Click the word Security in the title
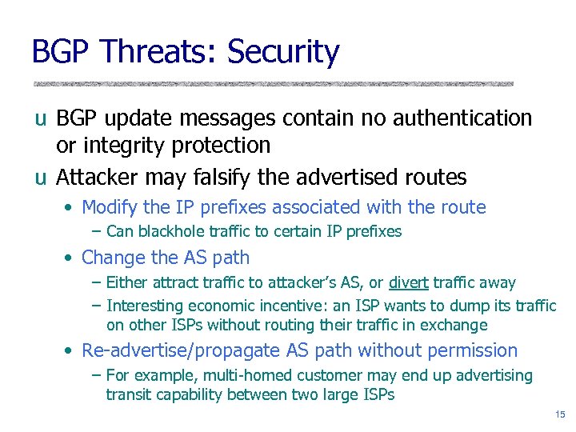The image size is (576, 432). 283,52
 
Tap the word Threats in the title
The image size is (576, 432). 155,52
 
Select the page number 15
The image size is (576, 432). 558,414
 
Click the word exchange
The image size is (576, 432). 454,325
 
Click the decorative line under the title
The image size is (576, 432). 272,84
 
